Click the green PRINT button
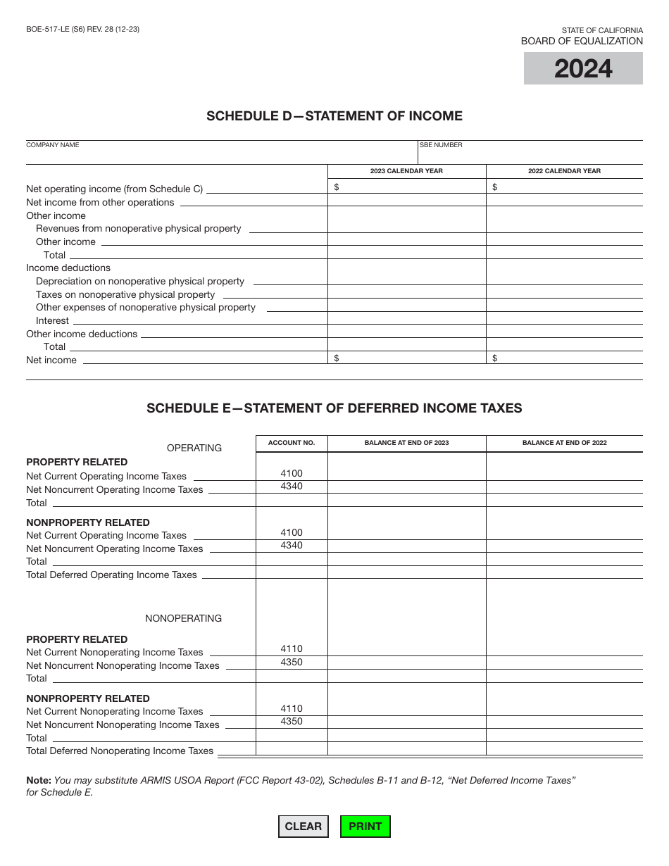point(365,827)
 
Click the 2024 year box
point(583,69)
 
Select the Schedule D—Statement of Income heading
point(334,116)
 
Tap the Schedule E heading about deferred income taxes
point(334,408)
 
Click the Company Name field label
point(53,145)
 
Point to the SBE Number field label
point(442,145)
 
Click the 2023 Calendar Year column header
point(406,171)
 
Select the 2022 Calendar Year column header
point(564,171)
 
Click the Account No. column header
point(292,443)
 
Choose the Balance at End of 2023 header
point(406,443)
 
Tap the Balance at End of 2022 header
point(564,443)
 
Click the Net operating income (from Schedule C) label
point(114,189)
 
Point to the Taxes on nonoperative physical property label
point(125,295)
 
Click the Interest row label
point(52,321)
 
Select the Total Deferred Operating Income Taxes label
point(111,575)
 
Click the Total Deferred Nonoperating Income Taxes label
point(120,751)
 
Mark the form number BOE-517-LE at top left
point(82,30)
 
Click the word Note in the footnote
point(38,780)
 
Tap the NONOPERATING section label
point(183,618)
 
